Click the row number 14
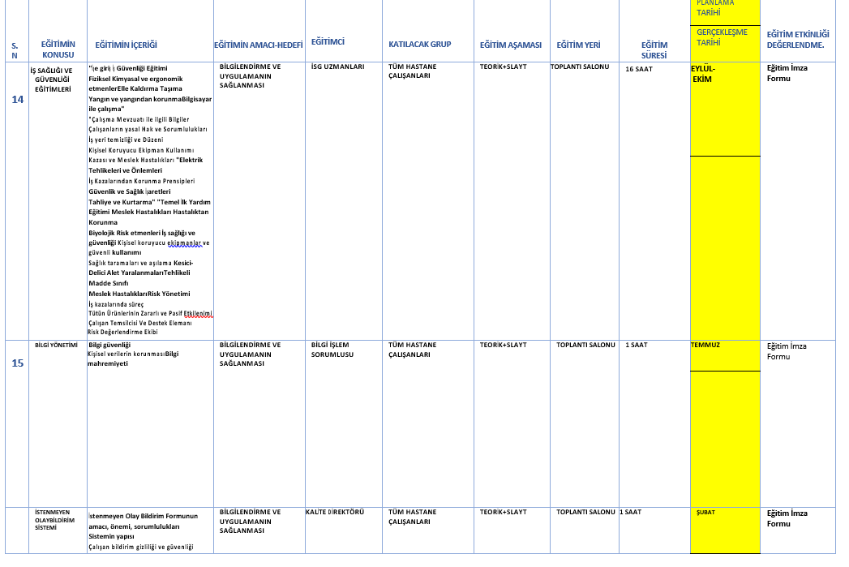[18, 99]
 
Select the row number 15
[18, 363]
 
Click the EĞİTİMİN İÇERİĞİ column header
[126, 45]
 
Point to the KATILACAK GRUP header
[419, 45]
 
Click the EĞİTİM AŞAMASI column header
[510, 45]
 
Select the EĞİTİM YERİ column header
[578, 45]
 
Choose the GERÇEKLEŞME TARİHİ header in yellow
[722, 37]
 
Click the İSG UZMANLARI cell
[337, 67]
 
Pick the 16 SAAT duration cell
[639, 69]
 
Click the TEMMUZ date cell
[705, 345]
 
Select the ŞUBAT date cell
[705, 513]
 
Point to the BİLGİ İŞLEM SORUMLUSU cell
[332, 350]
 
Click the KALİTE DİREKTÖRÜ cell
[335, 512]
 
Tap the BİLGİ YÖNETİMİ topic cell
[56, 345]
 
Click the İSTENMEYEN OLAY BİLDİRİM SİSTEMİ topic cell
[56, 520]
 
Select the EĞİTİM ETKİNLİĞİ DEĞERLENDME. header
[798, 40]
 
